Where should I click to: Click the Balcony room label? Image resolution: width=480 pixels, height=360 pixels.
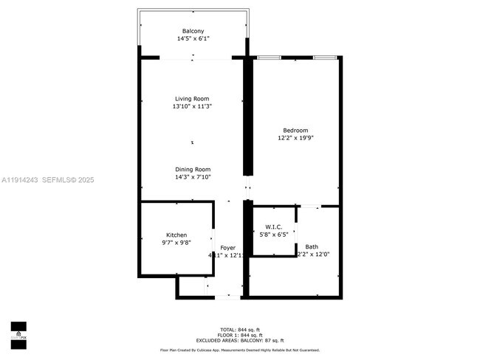(x=193, y=31)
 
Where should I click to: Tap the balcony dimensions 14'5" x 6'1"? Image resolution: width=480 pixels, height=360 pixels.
(x=193, y=38)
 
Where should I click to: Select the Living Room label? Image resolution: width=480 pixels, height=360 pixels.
(x=192, y=99)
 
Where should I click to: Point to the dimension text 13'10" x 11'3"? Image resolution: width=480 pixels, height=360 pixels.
(x=192, y=106)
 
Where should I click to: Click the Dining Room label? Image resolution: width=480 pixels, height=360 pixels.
(x=193, y=169)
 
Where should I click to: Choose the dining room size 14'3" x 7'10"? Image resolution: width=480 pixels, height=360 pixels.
(x=193, y=176)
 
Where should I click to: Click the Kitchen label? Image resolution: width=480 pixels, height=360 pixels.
(x=176, y=235)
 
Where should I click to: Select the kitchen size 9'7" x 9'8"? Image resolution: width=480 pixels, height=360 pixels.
(x=176, y=242)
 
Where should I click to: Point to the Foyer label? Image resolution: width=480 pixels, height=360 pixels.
(x=227, y=247)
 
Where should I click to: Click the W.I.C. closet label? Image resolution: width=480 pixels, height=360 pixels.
(x=273, y=226)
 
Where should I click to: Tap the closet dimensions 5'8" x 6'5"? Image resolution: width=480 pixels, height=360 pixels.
(x=273, y=234)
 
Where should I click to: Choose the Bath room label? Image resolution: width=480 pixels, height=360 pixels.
(x=312, y=247)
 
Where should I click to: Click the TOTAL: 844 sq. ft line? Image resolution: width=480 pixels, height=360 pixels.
(x=239, y=329)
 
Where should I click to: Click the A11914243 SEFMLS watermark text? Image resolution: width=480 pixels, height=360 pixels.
(x=47, y=179)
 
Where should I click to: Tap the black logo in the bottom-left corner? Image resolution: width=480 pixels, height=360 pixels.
(x=18, y=334)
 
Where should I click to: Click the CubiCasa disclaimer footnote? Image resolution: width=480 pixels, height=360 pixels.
(x=239, y=350)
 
